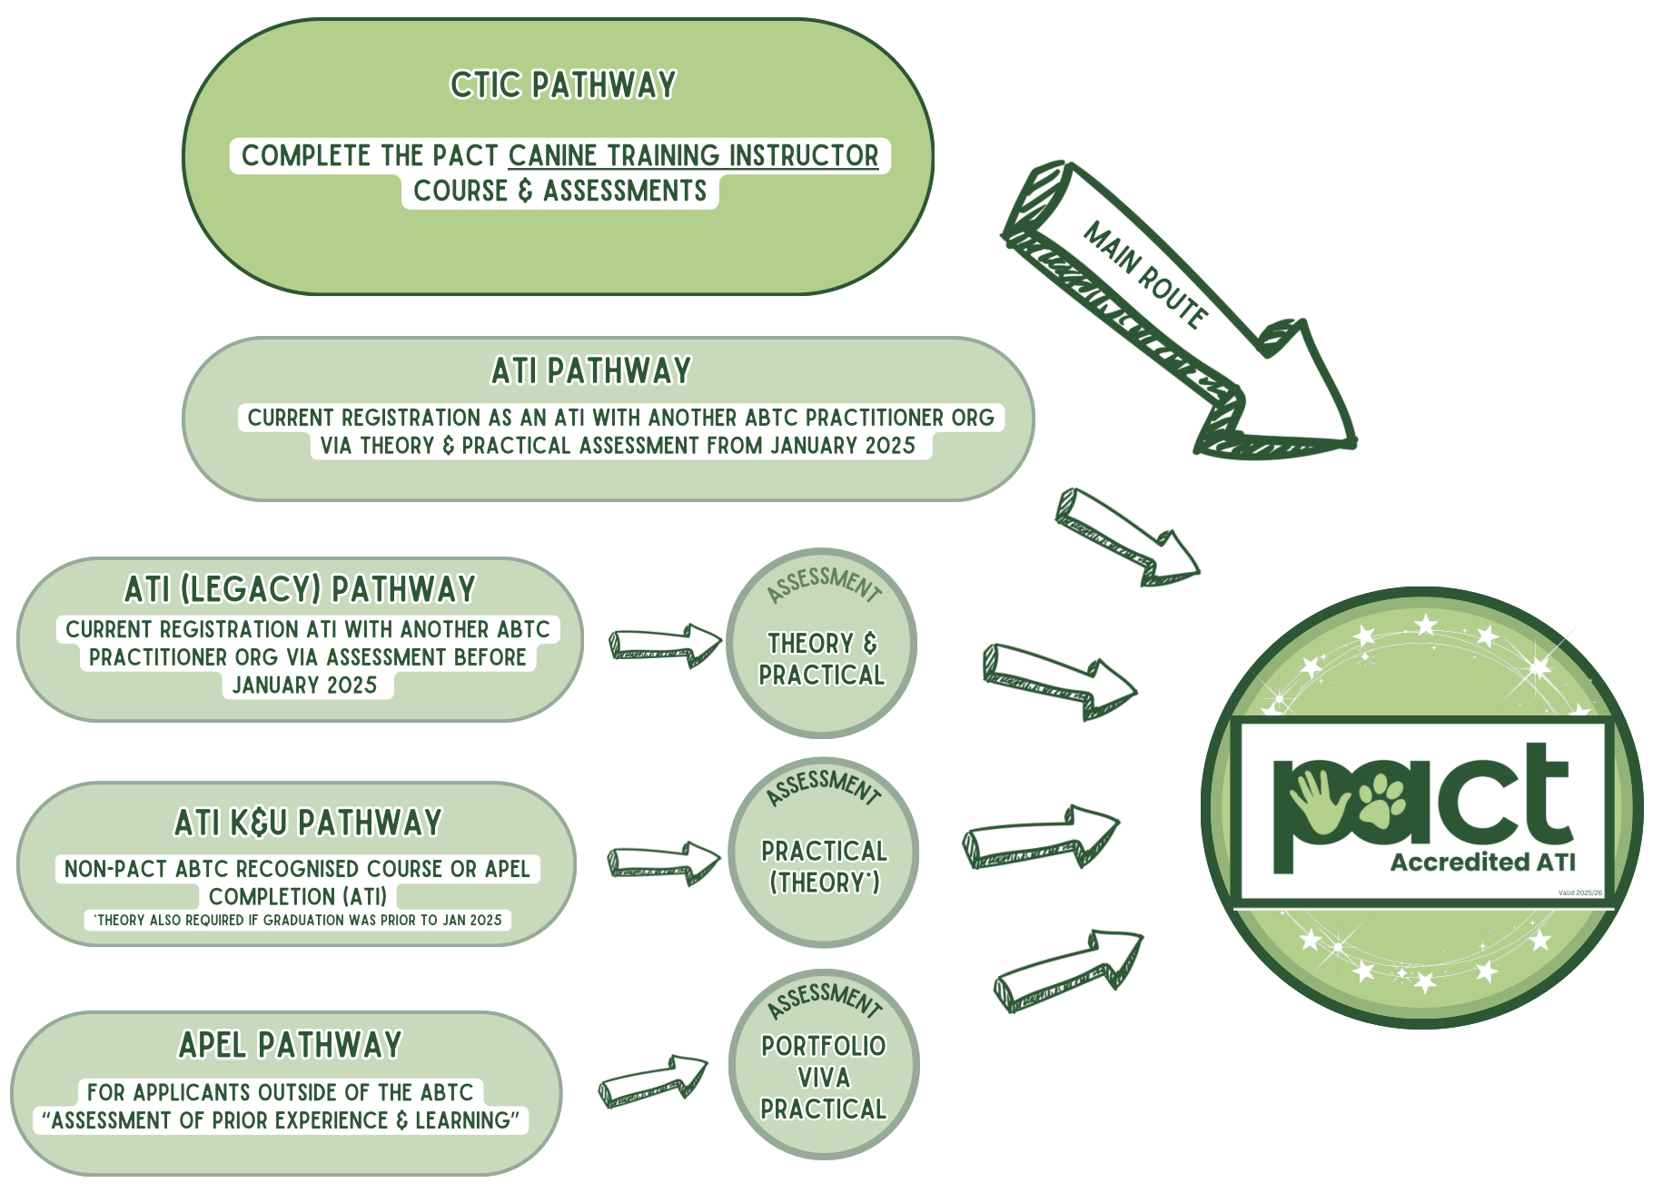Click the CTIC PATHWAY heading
click(x=563, y=85)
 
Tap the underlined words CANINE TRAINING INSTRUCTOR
click(x=693, y=155)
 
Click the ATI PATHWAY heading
click(x=591, y=371)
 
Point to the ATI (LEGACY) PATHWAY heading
click(x=300, y=589)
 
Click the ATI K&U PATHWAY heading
click(x=308, y=823)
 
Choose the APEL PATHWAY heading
click(x=290, y=1045)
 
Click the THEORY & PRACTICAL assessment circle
click(x=822, y=644)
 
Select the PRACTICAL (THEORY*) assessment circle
click(x=824, y=853)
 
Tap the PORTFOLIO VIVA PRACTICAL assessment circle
click(x=824, y=1065)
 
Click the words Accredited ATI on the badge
click(x=1482, y=862)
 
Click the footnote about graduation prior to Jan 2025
click(x=299, y=920)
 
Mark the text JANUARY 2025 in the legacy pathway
click(x=304, y=685)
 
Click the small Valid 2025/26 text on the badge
click(x=1580, y=892)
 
